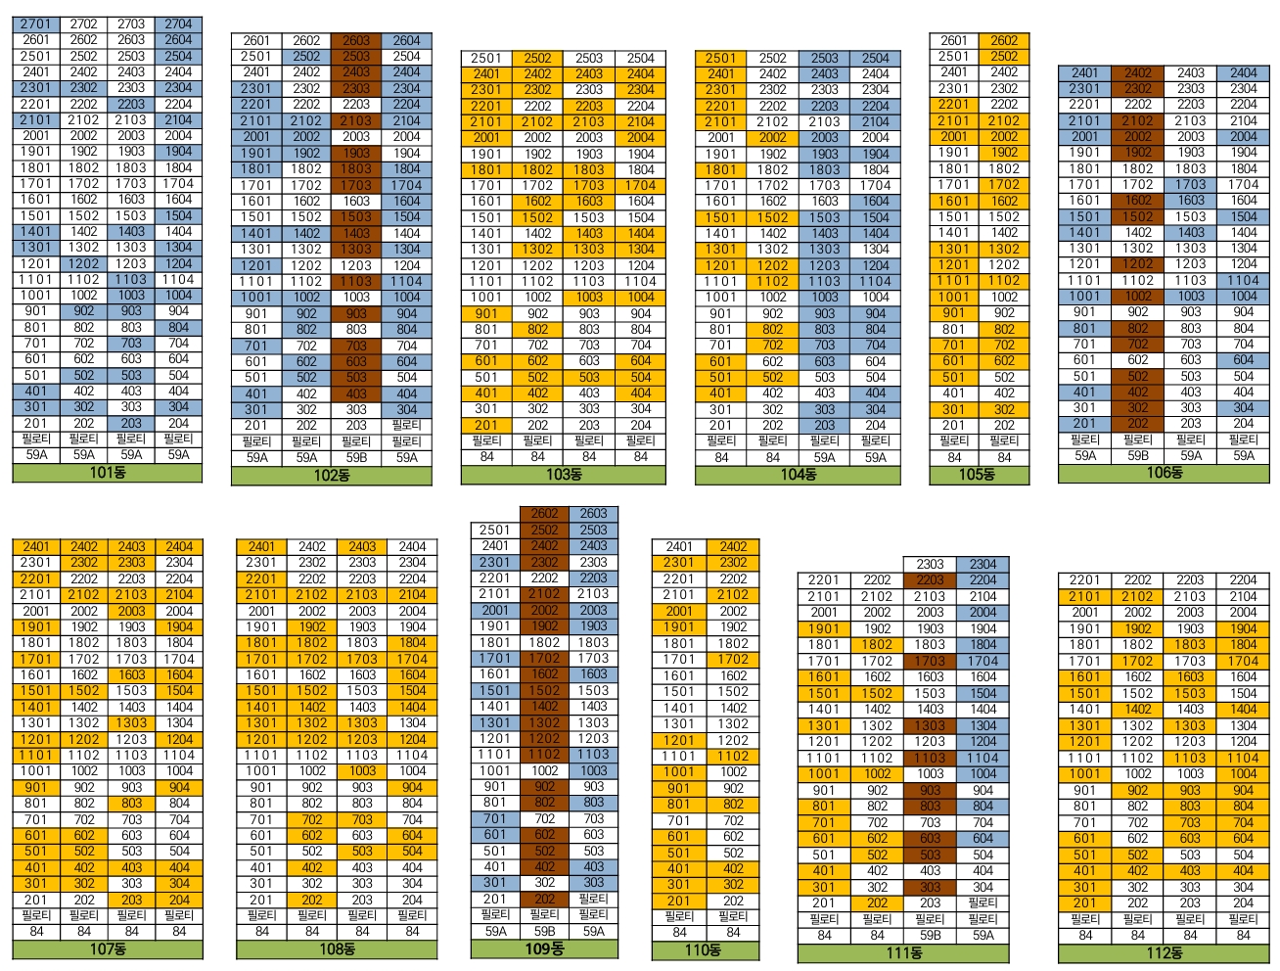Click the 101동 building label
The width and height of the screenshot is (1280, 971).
point(107,473)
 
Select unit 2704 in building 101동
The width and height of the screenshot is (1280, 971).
point(178,23)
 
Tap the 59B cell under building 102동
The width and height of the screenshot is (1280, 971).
point(356,457)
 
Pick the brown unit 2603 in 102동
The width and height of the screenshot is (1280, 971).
point(356,40)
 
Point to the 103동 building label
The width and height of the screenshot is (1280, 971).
point(563,475)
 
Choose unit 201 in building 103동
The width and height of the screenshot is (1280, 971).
point(486,425)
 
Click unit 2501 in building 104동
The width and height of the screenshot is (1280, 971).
point(720,58)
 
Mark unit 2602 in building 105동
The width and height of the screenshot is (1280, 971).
point(1004,40)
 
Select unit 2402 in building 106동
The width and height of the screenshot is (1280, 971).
point(1137,72)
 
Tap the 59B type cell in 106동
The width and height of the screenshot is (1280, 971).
point(1137,455)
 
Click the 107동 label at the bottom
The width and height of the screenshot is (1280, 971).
point(108,948)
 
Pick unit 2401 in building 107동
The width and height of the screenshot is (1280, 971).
point(36,546)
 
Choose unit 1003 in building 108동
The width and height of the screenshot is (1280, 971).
point(362,770)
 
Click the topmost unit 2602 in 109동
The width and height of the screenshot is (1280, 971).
point(544,513)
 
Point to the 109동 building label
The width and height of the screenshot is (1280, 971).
point(544,948)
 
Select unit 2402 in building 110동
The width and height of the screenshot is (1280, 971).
point(733,546)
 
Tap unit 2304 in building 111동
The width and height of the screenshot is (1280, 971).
point(983,564)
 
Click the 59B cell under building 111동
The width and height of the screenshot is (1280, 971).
point(930,935)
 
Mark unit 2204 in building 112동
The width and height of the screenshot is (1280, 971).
point(1243,579)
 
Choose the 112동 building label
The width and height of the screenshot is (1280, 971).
point(1164,952)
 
